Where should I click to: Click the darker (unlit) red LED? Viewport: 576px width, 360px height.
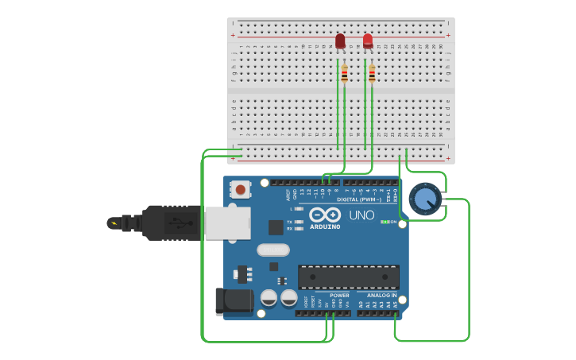click(x=340, y=41)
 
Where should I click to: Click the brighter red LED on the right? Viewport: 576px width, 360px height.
click(x=368, y=41)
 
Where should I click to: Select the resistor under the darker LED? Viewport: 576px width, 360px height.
click(x=344, y=74)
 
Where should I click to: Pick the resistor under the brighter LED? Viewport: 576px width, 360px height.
click(x=372, y=74)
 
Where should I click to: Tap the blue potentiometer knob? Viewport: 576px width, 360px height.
click(x=425, y=199)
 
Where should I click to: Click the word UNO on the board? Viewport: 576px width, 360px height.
click(x=361, y=215)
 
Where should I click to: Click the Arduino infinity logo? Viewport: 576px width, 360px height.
click(x=325, y=215)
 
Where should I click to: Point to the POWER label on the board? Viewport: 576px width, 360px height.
click(x=339, y=295)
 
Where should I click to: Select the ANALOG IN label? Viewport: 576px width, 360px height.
click(x=381, y=295)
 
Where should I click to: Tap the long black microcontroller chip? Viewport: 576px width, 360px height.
click(x=348, y=277)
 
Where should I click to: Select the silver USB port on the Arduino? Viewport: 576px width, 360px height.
click(x=227, y=223)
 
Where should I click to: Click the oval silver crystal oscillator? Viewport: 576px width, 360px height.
click(x=273, y=250)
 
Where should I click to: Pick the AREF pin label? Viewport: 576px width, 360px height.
click(x=288, y=193)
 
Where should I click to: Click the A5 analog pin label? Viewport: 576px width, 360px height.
click(x=395, y=304)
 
